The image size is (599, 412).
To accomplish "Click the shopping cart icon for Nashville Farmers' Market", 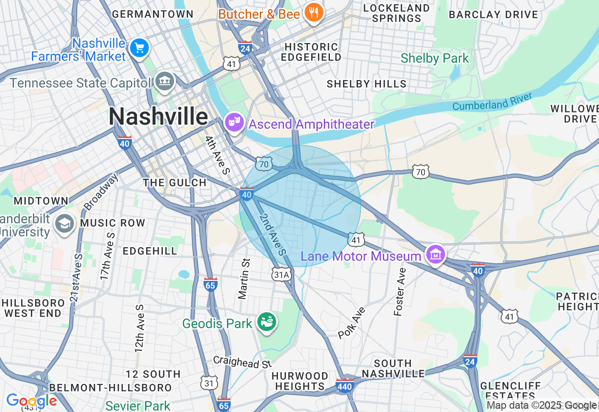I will pos(139,48).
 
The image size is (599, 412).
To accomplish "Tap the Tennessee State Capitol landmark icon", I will pos(164,81).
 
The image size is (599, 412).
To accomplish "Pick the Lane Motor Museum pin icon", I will pos(436,254).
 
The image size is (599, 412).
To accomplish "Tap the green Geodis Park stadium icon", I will pos(267,322).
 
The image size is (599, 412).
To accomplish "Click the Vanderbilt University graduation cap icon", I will pos(64,223).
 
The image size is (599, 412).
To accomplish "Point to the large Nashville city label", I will pos(158,116).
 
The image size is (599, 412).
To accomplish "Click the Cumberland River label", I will pos(492,102).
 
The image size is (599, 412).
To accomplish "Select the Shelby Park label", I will pos(435,59).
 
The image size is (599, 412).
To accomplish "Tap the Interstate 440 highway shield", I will pos(345,385).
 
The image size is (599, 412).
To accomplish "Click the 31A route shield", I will pos(282,274).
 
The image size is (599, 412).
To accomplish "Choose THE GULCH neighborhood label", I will pos(175,183).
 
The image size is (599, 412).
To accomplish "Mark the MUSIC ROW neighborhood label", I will pos(112,223).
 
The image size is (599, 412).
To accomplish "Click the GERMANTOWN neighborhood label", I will pos(153,14).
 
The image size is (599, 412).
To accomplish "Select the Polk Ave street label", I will pos(351,323).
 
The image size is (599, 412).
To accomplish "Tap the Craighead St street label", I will pos(242,362).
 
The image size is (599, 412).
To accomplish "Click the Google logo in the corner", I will pos(31,401).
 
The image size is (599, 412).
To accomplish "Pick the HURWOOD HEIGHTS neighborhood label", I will pos(300,381).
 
